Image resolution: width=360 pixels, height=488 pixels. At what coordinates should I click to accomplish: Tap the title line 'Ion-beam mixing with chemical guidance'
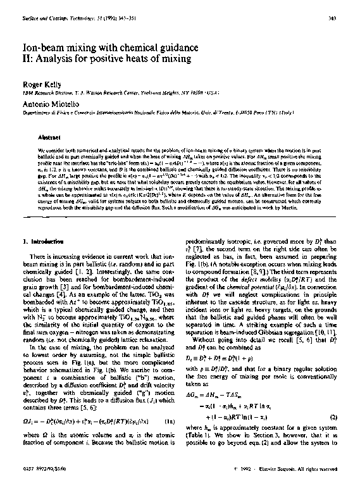pyautogui.click(x=112, y=47)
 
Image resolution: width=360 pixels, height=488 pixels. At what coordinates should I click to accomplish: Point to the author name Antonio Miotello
pyautogui.click(x=47, y=101)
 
